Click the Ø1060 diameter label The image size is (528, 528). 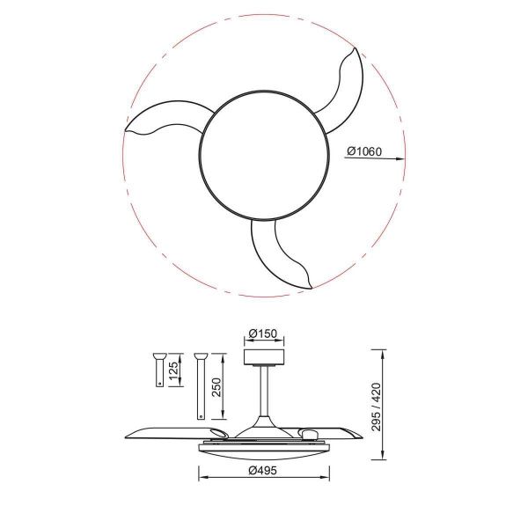363,151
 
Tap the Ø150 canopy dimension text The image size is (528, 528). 264,334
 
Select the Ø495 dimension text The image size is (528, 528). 264,471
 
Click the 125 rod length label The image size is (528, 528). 173,370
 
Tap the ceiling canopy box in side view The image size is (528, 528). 264,356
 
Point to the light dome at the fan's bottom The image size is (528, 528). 264,451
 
